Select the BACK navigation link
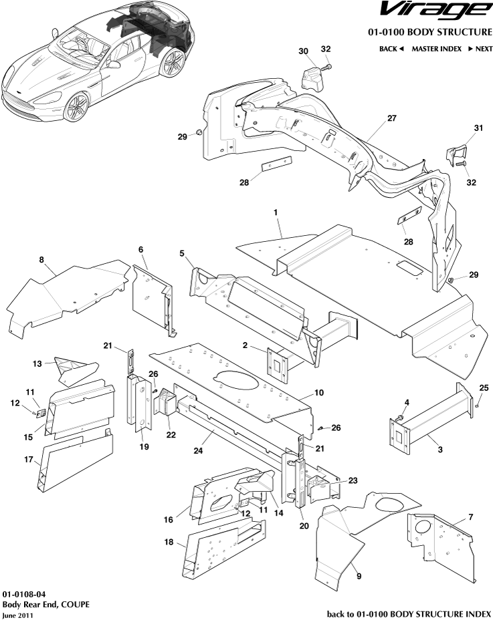pos(391,49)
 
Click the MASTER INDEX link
pos(436,49)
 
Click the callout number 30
pos(303,51)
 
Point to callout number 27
pos(391,118)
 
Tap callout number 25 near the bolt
pos(484,387)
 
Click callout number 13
pos(37,363)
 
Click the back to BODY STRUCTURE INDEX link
pos(409,613)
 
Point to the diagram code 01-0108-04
pos(23,593)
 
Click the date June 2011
pos(17,615)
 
